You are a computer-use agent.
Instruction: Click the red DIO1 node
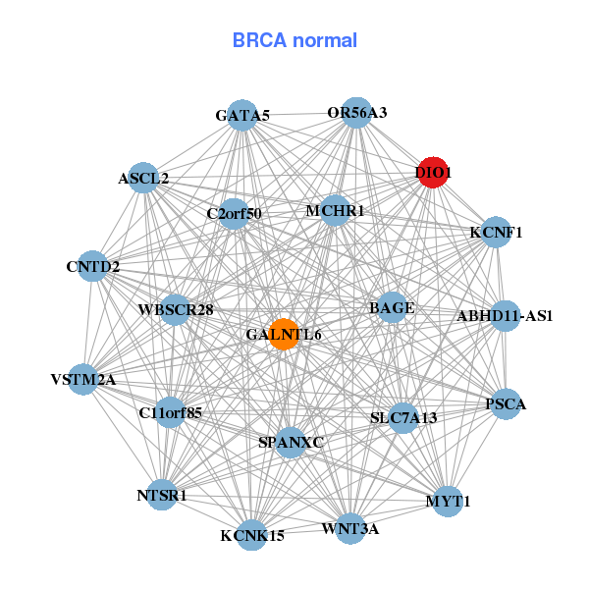click(x=433, y=172)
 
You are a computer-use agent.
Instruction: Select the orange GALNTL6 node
click(x=284, y=334)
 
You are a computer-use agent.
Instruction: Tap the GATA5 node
click(x=242, y=115)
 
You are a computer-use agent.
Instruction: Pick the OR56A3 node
click(x=356, y=112)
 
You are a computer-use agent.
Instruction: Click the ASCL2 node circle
click(x=143, y=178)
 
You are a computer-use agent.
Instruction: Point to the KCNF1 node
click(x=497, y=233)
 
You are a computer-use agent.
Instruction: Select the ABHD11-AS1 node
click(x=505, y=315)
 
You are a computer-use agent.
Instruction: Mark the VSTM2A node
click(x=82, y=379)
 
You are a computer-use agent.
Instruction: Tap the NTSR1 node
click(x=162, y=495)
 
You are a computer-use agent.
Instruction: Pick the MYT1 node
click(x=449, y=501)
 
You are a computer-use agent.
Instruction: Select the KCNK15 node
click(x=252, y=535)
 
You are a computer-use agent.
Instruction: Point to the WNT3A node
click(x=349, y=529)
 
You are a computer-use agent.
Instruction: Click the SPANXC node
click(x=290, y=442)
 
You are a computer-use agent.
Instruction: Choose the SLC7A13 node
click(x=403, y=416)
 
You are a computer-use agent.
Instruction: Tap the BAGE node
click(x=392, y=307)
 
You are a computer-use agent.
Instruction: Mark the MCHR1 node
click(x=335, y=210)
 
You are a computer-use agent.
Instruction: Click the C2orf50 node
click(x=234, y=212)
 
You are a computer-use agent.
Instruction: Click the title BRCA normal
click(x=294, y=40)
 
